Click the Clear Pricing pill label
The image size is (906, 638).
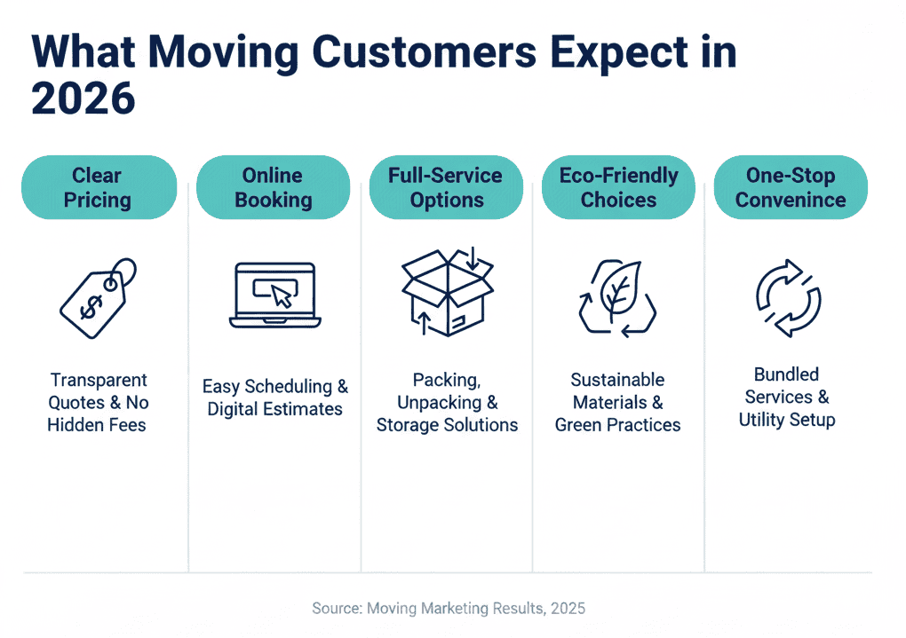98,187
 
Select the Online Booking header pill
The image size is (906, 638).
273,187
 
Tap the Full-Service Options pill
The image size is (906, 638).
446,187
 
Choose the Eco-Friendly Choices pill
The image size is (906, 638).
618,187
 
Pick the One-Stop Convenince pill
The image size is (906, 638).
791,187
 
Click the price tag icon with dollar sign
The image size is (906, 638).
97,299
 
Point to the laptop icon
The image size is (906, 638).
273,294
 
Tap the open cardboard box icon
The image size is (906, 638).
447,292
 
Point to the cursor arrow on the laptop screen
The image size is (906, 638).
282,296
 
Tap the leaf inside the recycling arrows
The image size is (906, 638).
618,290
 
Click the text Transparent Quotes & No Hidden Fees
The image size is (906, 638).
98,402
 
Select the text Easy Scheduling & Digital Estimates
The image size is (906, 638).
274,398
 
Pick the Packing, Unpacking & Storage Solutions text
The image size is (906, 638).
447,402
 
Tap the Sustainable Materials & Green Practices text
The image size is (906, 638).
618,402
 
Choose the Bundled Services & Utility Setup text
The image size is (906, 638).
787,397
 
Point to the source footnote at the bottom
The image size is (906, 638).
449,609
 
